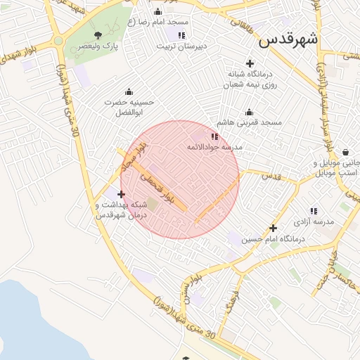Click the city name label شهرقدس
coord(288,39)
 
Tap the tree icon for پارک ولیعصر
coord(98,34)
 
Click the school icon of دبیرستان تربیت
coord(181,35)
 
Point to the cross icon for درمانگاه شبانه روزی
coord(250,63)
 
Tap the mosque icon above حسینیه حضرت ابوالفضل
coord(129,91)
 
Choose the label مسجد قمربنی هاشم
coord(249,122)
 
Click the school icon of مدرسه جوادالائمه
coord(214,136)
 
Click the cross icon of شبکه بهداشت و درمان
coord(122,194)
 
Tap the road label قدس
coord(271,176)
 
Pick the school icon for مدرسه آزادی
coord(314,211)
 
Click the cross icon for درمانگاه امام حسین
coord(274,228)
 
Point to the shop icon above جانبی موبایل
coord(345,152)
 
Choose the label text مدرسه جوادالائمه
coord(214,148)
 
